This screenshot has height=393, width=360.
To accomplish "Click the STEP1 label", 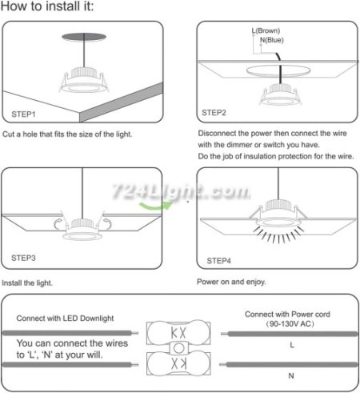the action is [23, 114].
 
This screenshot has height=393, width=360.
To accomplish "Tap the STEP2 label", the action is [214, 113].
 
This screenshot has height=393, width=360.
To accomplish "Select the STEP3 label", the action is [23, 258].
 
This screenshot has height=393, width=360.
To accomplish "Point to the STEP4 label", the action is [219, 261].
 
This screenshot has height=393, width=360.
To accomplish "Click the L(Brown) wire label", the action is [266, 30].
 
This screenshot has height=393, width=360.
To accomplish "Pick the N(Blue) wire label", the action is [272, 40].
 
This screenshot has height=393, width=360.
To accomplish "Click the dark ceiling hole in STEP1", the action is [84, 37].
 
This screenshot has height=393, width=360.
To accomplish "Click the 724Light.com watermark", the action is [182, 191].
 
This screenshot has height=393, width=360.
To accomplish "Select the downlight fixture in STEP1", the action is [84, 80].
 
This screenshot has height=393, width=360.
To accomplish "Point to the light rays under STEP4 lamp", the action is [278, 235].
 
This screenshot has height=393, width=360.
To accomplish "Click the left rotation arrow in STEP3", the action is [58, 224].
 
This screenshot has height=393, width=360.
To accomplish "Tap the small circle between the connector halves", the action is [178, 348].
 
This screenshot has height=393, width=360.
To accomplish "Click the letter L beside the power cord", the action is [292, 345].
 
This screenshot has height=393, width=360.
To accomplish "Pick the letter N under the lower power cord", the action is [291, 375].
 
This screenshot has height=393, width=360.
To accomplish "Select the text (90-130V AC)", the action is [290, 324].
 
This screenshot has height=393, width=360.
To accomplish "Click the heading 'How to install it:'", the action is [47, 6].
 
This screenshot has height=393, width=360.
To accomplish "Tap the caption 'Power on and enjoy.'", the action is [231, 282].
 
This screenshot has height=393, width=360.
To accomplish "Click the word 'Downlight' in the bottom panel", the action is [97, 319].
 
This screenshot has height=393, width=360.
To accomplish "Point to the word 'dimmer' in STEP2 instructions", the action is [239, 145].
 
